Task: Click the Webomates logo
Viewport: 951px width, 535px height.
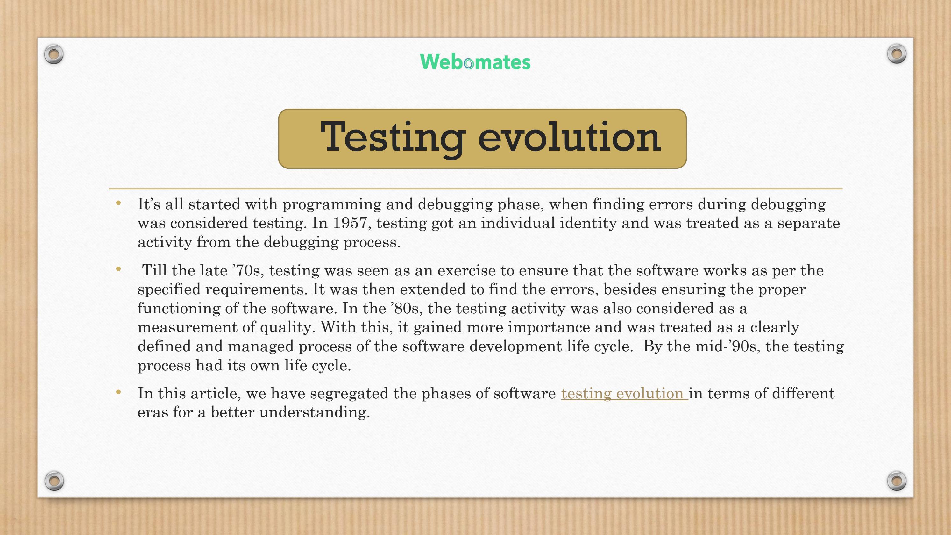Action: click(475, 62)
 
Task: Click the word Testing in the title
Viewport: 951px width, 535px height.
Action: click(393, 137)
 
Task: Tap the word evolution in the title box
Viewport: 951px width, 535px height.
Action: click(569, 137)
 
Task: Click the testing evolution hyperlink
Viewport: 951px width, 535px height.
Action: click(624, 393)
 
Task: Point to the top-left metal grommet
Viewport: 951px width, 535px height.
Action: click(53, 54)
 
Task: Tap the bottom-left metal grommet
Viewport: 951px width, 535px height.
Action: click(54, 480)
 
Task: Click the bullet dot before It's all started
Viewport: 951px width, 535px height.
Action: click(118, 203)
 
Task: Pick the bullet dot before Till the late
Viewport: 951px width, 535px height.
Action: click(118, 269)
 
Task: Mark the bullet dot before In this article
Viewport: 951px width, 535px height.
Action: click(118, 392)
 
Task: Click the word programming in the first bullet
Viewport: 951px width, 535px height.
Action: click(332, 204)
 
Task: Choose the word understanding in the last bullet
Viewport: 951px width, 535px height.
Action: click(315, 412)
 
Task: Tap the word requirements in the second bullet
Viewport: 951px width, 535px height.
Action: click(256, 289)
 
